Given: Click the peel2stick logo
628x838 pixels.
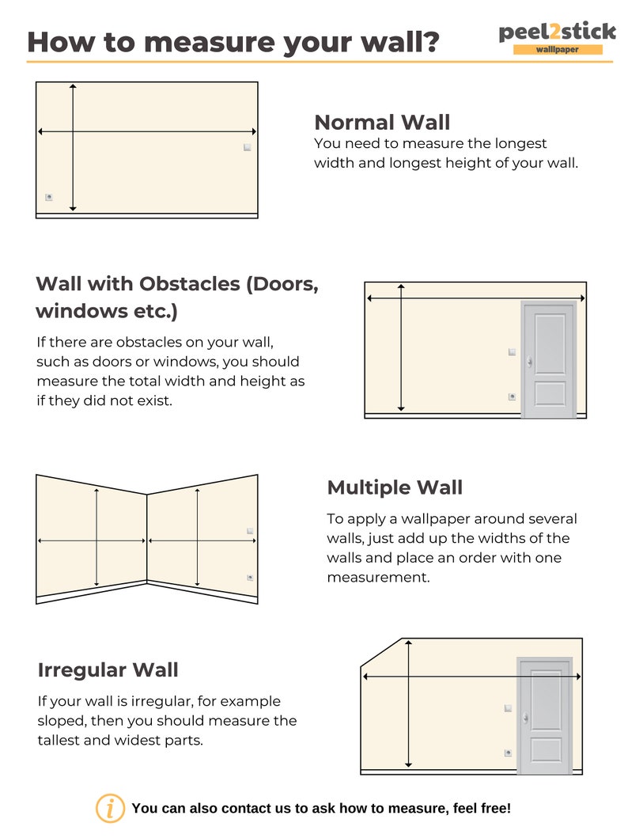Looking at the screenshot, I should coord(557,32).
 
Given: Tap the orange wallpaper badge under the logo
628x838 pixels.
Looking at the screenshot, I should coord(557,50).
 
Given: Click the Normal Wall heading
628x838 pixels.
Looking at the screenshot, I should coord(382,123).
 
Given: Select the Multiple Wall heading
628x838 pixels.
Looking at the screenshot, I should coord(395,487).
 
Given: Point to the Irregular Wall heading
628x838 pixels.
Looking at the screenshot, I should coord(108,670).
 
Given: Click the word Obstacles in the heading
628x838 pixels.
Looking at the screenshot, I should coord(189,284).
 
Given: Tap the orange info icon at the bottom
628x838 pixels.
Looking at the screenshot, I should coord(110,808).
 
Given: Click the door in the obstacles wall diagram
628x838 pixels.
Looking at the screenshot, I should coord(548,359).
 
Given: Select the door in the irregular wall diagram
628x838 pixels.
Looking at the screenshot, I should coord(544,715).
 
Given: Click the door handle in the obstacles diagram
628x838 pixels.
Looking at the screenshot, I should coord(528,362).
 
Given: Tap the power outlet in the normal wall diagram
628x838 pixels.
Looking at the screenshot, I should coord(49,197).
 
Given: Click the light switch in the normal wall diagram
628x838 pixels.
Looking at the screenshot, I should coord(248,148).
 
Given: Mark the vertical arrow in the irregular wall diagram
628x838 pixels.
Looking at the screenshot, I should coord(408,704).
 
